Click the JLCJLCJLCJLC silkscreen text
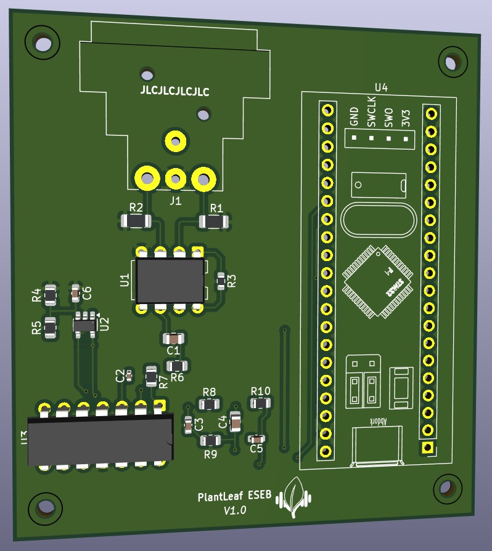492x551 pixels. [175, 92]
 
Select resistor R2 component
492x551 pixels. [136, 220]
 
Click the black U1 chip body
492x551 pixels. [170, 280]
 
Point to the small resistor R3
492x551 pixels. [221, 281]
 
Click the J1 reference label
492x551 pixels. [176, 201]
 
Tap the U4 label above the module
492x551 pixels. [381, 87]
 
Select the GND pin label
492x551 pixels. [354, 116]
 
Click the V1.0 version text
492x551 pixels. [235, 510]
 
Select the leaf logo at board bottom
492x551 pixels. [295, 497]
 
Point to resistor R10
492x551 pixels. [260, 403]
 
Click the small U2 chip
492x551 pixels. [84, 324]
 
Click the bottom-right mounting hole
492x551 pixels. [447, 489]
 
